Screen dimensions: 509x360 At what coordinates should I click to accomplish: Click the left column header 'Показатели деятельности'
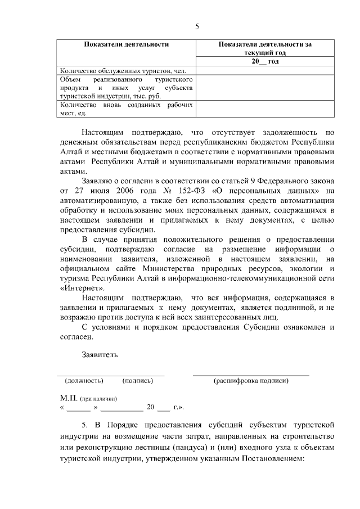(127, 44)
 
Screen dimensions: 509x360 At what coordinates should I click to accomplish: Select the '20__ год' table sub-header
(265, 61)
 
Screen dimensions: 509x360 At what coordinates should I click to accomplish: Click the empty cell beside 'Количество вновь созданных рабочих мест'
(265, 109)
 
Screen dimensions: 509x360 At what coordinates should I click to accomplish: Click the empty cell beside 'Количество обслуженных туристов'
(265, 70)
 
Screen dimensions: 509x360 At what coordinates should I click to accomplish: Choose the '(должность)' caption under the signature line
(84, 381)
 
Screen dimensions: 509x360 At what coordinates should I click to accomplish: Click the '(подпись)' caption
(137, 381)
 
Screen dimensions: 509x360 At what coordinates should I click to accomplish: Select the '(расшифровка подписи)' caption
(251, 381)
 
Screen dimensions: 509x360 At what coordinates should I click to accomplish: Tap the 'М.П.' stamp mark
(68, 398)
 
